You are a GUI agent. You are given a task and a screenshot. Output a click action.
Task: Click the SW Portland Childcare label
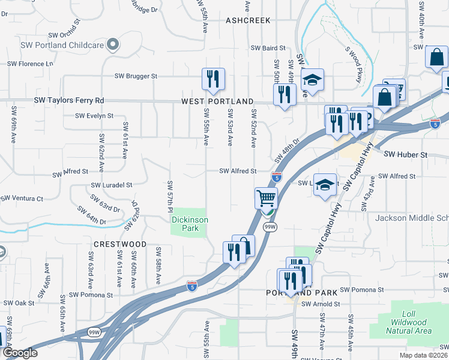coord(62,44)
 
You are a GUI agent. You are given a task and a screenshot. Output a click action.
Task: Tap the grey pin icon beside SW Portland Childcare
coord(112,44)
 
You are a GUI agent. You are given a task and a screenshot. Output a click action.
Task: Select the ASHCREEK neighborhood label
coord(248,20)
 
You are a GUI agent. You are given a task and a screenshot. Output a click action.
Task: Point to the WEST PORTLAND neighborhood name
coord(217,102)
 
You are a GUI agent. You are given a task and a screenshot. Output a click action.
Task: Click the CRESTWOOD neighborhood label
coord(120,244)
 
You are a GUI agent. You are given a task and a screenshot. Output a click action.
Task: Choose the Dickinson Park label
coord(190,224)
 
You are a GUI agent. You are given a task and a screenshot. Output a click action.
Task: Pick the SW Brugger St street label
coord(136,76)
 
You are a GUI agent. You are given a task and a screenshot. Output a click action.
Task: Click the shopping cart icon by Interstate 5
coord(266,197)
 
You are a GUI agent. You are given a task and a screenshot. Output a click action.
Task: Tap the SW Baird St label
coord(267,47)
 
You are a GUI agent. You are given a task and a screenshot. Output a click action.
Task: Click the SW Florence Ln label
coord(31,64)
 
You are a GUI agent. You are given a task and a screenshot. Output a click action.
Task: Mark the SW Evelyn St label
coord(94,116)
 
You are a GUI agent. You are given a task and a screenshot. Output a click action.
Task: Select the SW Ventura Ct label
coord(22,198)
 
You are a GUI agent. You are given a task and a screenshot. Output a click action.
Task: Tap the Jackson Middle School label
coord(412,218)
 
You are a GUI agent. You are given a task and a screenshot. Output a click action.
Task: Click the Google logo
coord(20,353)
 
